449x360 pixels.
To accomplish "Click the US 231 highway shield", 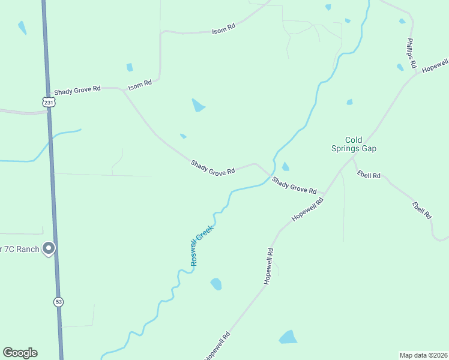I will click(49, 103).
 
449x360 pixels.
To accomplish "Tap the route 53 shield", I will click(58, 301).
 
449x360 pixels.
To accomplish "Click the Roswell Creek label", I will click(202, 245).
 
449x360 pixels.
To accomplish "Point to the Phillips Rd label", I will click(411, 52).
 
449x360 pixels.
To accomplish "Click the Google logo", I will click(20, 353).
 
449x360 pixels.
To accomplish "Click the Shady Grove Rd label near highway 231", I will click(77, 91).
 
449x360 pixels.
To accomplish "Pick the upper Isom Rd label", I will click(223, 28).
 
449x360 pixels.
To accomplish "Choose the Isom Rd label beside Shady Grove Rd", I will click(140, 85).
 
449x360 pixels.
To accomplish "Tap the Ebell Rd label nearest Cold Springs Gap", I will click(369, 175).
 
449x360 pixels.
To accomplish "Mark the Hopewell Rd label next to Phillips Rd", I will click(435, 65).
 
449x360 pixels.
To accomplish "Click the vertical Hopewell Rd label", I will click(270, 266).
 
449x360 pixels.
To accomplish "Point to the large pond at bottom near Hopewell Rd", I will click(289, 337).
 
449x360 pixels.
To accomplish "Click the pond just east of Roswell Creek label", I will click(216, 284).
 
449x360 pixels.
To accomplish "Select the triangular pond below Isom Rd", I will click(197, 106).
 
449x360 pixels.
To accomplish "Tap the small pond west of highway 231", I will click(22, 28).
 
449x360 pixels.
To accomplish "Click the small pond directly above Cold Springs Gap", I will click(349, 102).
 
